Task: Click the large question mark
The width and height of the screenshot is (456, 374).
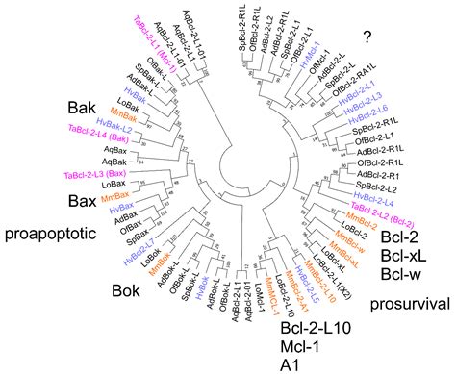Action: (367, 37)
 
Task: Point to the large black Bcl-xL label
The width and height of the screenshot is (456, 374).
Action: (405, 257)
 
